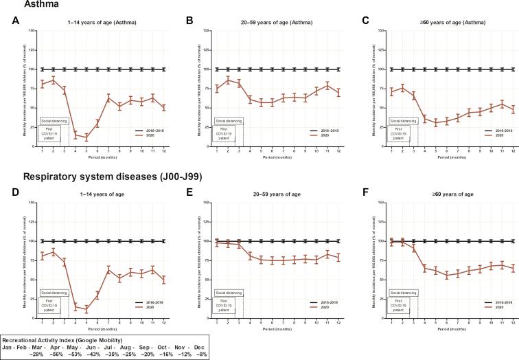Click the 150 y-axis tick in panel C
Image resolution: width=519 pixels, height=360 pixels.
point(378,30)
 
